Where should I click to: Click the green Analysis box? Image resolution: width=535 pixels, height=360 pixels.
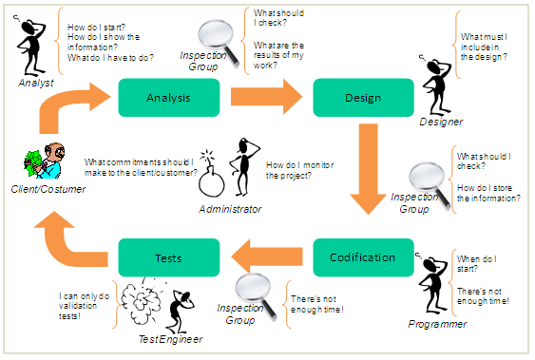click(x=169, y=98)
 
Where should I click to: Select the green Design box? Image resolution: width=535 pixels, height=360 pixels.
click(x=363, y=98)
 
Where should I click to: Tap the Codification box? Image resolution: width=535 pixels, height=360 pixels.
click(x=362, y=257)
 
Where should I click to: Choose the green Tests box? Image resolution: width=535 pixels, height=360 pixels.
click(x=169, y=257)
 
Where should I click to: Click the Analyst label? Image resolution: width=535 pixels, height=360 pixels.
click(x=36, y=84)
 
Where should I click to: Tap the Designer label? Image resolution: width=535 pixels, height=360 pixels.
click(x=441, y=122)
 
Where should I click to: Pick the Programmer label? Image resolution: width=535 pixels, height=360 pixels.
click(x=438, y=324)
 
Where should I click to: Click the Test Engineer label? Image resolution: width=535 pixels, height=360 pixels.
click(x=160, y=338)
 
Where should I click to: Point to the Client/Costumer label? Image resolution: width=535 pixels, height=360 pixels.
click(x=48, y=189)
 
